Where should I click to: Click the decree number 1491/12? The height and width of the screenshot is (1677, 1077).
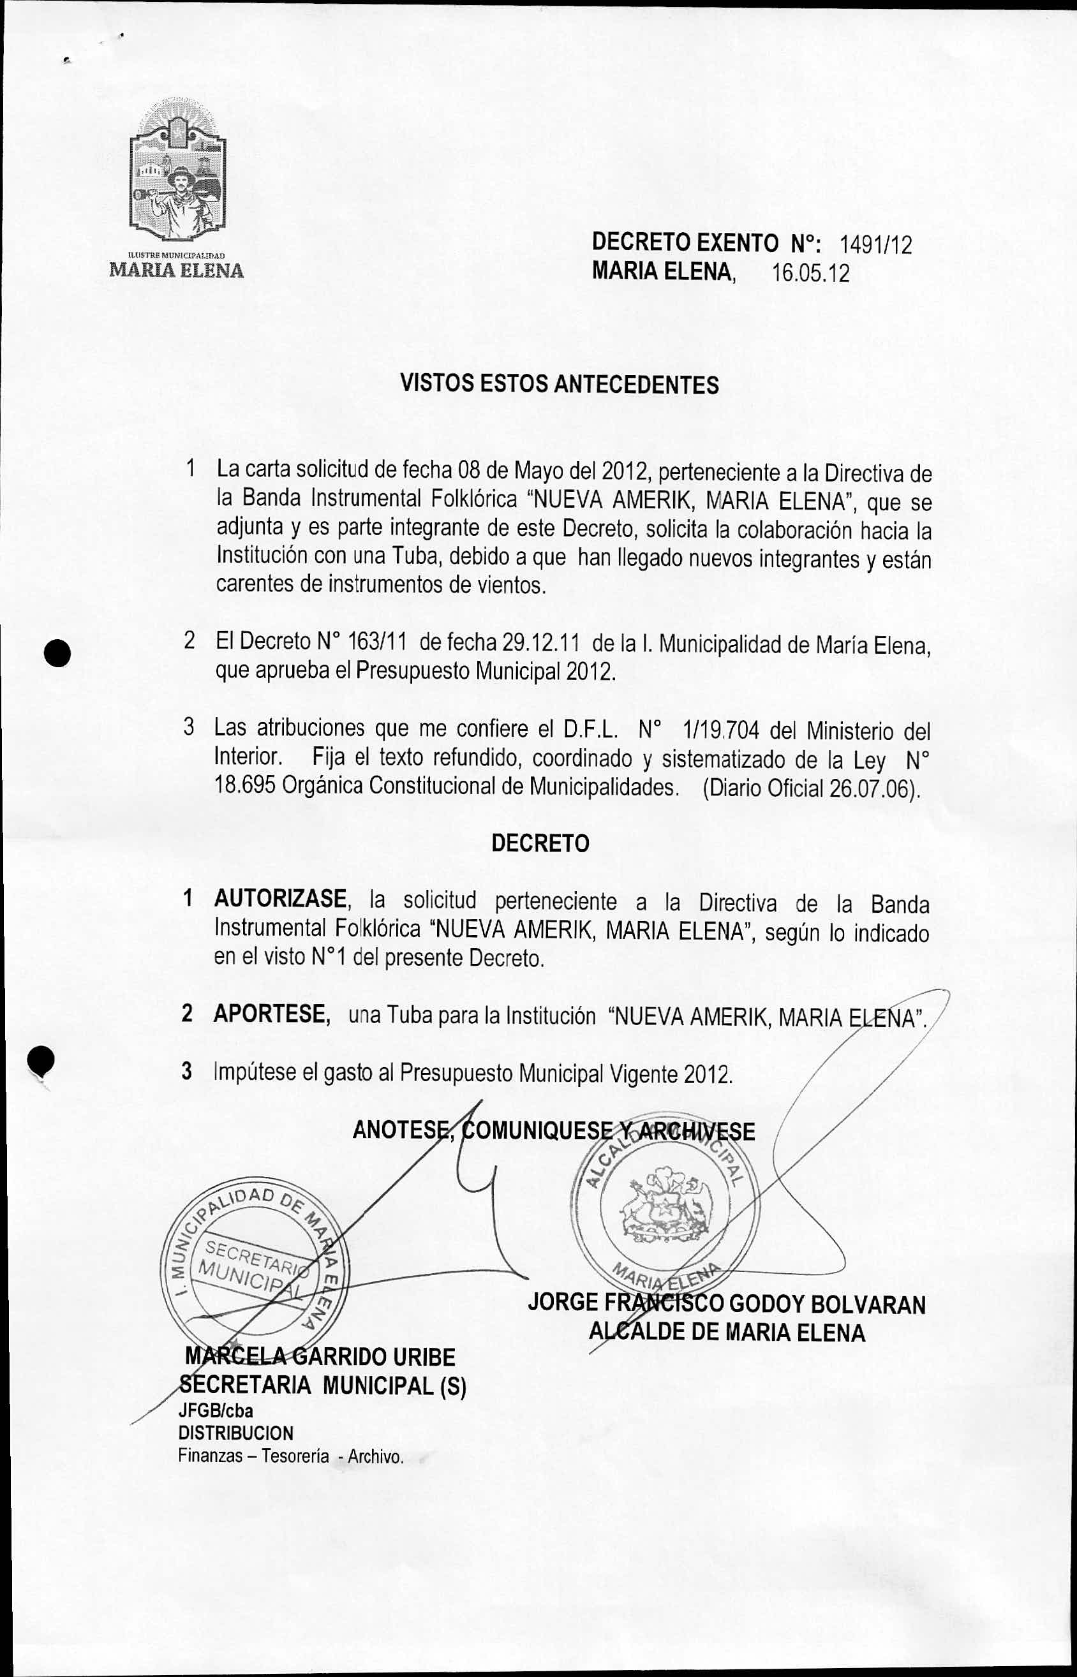click(x=875, y=245)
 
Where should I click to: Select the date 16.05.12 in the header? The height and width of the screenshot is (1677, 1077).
click(x=810, y=272)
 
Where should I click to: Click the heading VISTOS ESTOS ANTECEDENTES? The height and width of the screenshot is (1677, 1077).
click(x=559, y=385)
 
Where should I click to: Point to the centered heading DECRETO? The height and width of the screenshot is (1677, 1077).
click(x=540, y=844)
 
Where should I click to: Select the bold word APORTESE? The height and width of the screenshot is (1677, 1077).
click(x=272, y=1014)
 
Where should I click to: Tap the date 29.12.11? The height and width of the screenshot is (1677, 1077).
click(x=537, y=641)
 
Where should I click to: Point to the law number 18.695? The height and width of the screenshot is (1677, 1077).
click(x=246, y=786)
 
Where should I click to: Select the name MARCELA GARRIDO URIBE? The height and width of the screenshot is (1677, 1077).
click(x=320, y=1357)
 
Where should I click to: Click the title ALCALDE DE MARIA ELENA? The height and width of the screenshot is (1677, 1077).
click(x=727, y=1333)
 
